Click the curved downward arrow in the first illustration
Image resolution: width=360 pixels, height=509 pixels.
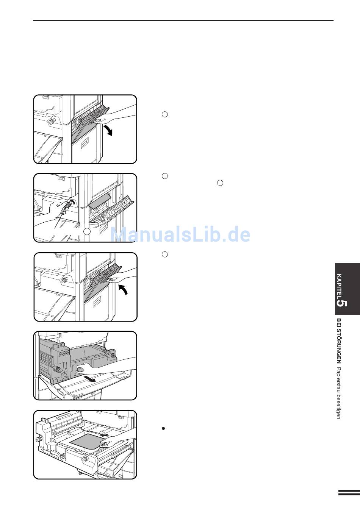pyautogui.click(x=109, y=130)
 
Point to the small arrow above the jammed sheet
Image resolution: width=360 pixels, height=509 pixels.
pyautogui.click(x=104, y=435)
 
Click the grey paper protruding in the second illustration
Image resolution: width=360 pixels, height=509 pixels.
pyautogui.click(x=99, y=201)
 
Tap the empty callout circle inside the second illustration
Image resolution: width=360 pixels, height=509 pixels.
pyautogui.click(x=87, y=231)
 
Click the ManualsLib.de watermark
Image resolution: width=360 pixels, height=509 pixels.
pyautogui.click(x=180, y=234)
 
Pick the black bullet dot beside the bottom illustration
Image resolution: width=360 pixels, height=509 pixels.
pyautogui.click(x=163, y=428)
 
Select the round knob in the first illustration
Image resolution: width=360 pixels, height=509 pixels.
pyautogui.click(x=52, y=121)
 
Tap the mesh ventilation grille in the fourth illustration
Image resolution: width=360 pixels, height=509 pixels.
pyautogui.click(x=64, y=353)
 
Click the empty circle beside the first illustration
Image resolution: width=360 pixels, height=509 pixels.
pyautogui.click(x=164, y=114)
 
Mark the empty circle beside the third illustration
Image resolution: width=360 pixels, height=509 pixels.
pyautogui.click(x=164, y=254)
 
